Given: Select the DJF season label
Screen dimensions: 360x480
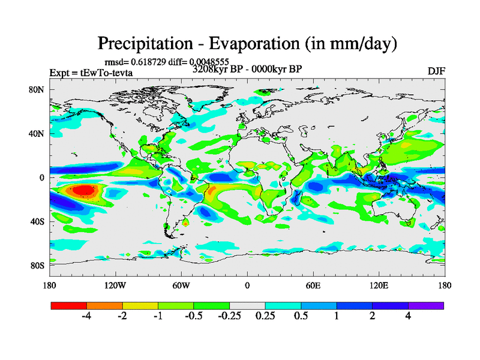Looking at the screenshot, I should (x=436, y=71).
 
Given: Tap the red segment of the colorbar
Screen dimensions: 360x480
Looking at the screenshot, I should (x=68, y=305).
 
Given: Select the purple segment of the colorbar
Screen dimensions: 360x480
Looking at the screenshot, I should (x=426, y=305).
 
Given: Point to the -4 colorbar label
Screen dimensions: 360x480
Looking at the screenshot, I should (x=86, y=316).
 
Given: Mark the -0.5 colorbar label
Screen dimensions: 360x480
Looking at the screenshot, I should (x=193, y=316).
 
